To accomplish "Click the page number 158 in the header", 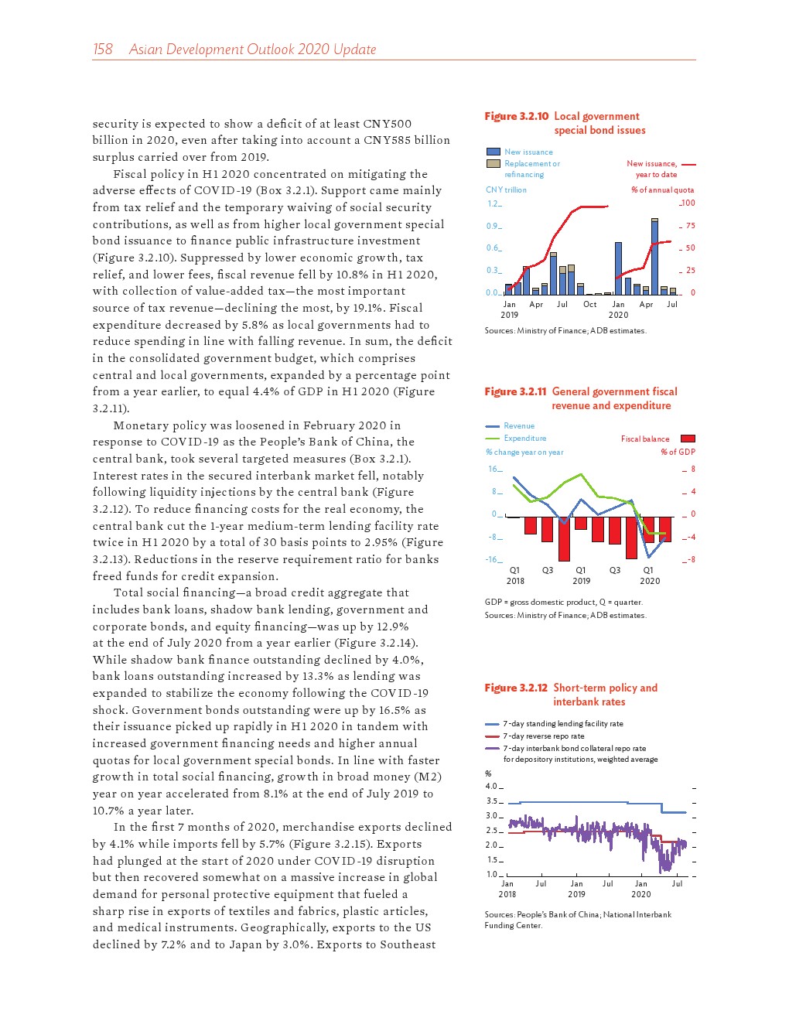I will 102,50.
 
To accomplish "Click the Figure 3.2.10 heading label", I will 516,116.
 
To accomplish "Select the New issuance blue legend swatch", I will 493,152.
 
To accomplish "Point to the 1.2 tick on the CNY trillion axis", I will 493,203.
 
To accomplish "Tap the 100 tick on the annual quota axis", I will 688,203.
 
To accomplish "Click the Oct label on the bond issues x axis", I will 589,305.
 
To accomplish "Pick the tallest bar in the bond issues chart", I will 654,256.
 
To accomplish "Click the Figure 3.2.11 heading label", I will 515,391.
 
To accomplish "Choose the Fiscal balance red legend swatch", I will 687,439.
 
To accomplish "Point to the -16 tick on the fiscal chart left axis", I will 494,559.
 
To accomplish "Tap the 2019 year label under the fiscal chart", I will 581,581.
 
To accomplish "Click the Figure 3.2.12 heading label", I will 515,688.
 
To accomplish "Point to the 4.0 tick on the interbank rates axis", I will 491,787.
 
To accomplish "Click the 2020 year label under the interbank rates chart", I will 640,894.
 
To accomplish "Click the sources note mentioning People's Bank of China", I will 577,920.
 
